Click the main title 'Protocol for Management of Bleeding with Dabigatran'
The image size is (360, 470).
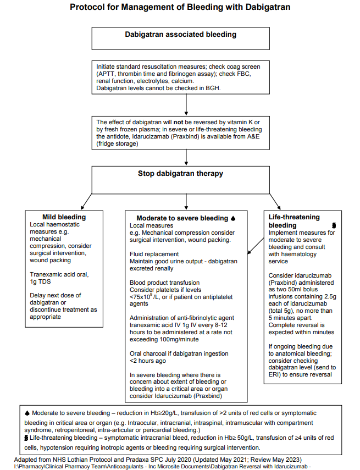[x=180, y=7]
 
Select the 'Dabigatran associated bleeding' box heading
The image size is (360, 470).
[x=180, y=35]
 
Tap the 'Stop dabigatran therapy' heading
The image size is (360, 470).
[x=180, y=174]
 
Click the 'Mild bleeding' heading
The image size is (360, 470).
[x=64, y=217]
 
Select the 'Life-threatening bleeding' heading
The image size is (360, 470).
[x=294, y=221]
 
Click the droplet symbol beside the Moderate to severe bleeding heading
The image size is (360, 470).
[x=233, y=218]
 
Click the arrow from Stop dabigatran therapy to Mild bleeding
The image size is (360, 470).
[x=82, y=198]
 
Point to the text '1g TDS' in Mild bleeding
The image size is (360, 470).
[x=40, y=281]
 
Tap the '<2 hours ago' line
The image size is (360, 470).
[x=147, y=361]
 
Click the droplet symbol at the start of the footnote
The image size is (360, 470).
[x=28, y=412]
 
